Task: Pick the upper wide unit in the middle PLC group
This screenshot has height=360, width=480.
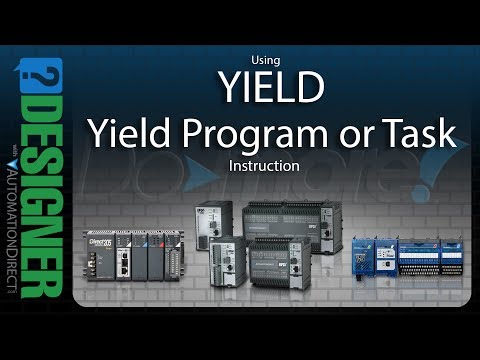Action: [278, 225]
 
